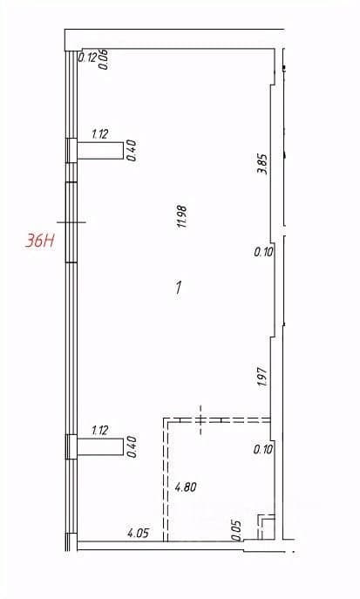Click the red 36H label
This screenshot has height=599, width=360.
39,241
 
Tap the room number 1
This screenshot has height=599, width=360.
179,287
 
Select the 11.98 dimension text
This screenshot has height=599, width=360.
181,217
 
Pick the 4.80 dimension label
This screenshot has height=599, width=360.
185,487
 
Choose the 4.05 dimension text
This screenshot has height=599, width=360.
139,533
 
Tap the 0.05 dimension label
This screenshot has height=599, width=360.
237,530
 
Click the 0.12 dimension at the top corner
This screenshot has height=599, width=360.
87,58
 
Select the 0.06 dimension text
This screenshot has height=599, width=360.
104,59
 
